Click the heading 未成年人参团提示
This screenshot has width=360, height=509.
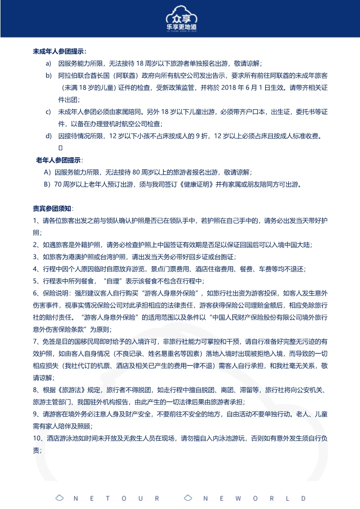pyautogui.click(x=60, y=51)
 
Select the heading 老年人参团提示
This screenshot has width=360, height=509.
pyautogui.click(x=59, y=160)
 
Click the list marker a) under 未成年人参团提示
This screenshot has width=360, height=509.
pyautogui.click(x=48, y=63)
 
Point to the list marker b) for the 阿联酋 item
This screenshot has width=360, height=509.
pyautogui.click(x=48, y=76)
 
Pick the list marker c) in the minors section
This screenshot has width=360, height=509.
pyautogui.click(x=48, y=112)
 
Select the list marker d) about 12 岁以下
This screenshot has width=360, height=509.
pyautogui.click(x=48, y=135)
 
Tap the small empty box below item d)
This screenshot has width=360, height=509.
pyautogui.click(x=60, y=147)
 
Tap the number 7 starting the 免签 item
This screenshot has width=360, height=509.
pyautogui.click(x=35, y=341)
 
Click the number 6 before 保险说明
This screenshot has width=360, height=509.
pyautogui.click(x=35, y=293)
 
